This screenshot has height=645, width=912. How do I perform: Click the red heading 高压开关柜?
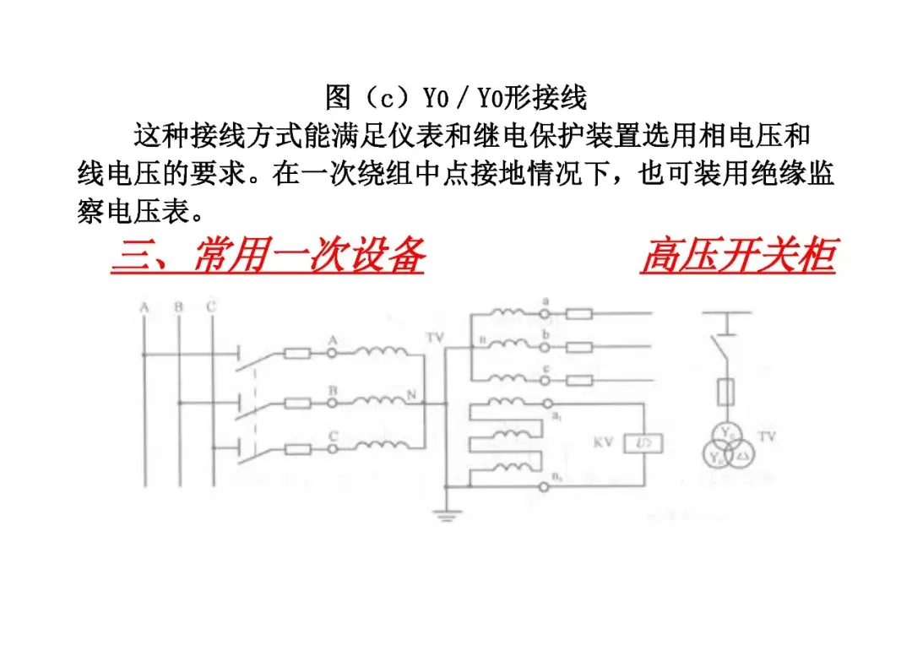pos(737,256)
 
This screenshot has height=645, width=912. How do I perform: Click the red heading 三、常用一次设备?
pos(267,256)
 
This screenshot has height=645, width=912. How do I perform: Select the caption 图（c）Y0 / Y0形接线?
pos(455,97)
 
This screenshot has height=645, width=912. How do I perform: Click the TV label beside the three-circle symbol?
pos(766,436)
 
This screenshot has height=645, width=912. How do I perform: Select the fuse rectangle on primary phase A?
pos(296,353)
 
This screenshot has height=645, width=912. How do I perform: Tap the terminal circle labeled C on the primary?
pos(333,449)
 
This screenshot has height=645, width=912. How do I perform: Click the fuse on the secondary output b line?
pos(579,346)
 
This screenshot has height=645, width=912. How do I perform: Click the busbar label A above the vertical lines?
pos(144,307)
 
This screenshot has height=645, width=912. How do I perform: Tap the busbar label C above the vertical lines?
pos(210,307)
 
